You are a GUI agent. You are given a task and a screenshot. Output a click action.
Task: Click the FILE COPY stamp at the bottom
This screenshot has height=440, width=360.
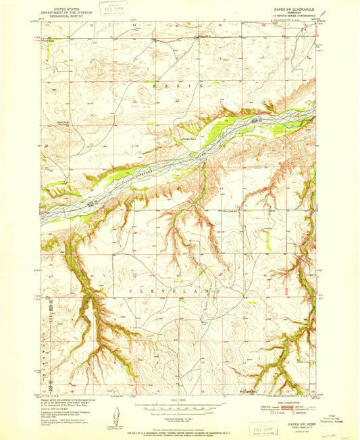(x=261, y=429)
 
